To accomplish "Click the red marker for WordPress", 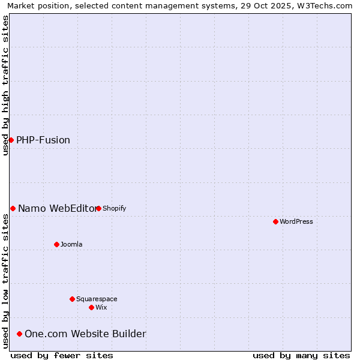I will tap(275, 221).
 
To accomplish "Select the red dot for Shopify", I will tap(98, 208).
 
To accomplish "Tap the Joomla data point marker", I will tap(56, 244).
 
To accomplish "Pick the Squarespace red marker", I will tap(72, 299).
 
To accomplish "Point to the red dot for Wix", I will tap(91, 307).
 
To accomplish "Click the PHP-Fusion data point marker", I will tap(11, 140).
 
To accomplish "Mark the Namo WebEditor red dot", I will tap(13, 208).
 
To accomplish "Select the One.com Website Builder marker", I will tap(19, 334).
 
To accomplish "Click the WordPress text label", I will tap(296, 221).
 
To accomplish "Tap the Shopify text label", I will tap(115, 208).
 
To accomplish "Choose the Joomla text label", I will tap(71, 244).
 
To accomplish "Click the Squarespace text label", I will tap(97, 299).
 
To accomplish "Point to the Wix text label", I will tap(101, 307).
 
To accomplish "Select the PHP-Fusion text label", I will tap(43, 140).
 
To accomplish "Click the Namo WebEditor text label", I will tap(57, 208).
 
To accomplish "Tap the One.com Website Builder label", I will tap(85, 334).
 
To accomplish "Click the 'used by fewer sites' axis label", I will tap(62, 355).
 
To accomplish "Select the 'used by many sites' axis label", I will tap(301, 355).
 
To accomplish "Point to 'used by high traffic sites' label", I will tap(5, 85).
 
